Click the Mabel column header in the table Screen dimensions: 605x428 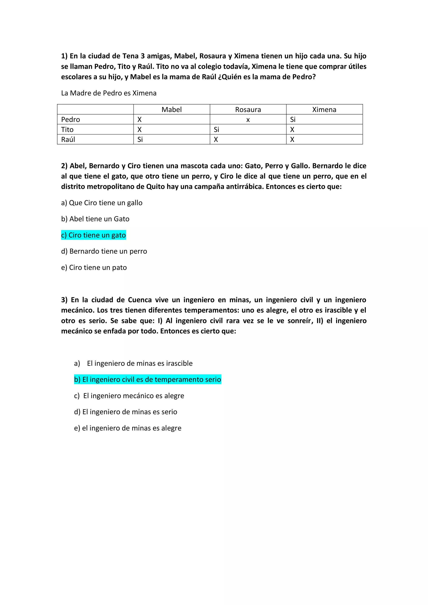[172, 110]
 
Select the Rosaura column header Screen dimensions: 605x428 [248, 110]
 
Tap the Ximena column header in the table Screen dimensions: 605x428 [324, 110]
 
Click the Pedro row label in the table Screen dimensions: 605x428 [71, 120]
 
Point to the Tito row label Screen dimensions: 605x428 [68, 130]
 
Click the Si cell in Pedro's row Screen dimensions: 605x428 [293, 120]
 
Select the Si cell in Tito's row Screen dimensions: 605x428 [216, 130]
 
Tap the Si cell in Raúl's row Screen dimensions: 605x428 [140, 139]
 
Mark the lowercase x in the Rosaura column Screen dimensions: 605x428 [248, 120]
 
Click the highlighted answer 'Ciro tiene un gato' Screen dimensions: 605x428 [94, 235]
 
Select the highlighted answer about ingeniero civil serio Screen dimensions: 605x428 [148, 380]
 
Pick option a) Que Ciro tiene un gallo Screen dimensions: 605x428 [102, 203]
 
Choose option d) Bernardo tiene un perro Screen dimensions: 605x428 [104, 251]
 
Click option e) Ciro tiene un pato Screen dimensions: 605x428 [94, 267]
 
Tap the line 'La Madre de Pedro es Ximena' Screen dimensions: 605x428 [109, 93]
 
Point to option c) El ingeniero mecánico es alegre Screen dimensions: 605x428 [129, 396]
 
